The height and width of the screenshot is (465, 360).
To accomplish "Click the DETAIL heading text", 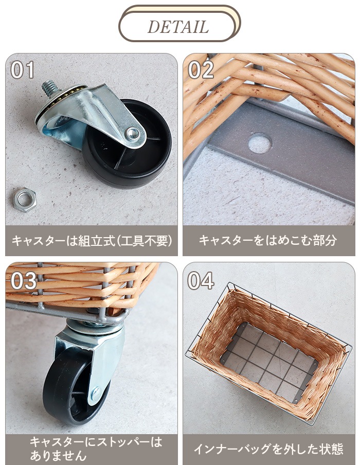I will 178,27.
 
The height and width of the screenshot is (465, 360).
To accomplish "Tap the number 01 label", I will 23,70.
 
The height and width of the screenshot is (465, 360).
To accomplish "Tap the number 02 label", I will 201,70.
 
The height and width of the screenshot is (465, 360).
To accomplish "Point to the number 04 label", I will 201,281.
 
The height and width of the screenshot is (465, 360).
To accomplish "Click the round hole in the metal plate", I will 260,143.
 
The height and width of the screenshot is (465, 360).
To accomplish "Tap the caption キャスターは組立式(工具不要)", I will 92,240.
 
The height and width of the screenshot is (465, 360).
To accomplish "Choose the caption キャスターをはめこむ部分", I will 268,240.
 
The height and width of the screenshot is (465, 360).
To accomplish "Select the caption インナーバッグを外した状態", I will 268,449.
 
